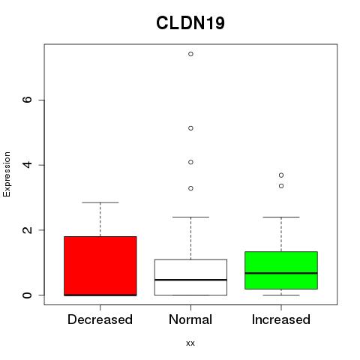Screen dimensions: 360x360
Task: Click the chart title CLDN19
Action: (x=190, y=23)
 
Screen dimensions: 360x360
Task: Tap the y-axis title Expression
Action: (x=7, y=174)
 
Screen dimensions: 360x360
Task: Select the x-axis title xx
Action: (x=190, y=343)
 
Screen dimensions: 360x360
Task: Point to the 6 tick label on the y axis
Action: (x=27, y=100)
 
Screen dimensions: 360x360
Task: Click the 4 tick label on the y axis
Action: (x=27, y=165)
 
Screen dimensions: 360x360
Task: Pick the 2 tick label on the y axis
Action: (x=27, y=229)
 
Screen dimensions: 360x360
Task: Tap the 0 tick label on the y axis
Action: (x=27, y=295)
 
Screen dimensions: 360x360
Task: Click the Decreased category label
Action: (x=100, y=319)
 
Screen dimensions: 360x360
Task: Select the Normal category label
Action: (x=190, y=319)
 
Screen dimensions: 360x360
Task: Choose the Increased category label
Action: (x=281, y=319)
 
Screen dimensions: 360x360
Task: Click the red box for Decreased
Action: (x=100, y=266)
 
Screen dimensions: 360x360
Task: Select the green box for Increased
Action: (x=281, y=270)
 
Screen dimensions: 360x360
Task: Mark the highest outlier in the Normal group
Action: (x=190, y=54)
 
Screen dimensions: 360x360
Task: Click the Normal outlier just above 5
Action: (x=190, y=128)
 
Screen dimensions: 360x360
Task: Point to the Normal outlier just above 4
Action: (x=190, y=162)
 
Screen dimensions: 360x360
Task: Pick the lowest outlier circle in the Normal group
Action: (x=190, y=188)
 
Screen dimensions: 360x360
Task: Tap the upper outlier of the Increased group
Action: (x=281, y=175)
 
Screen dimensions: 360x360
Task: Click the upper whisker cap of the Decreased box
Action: (x=100, y=202)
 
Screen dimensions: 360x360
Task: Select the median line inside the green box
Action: (x=281, y=273)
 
